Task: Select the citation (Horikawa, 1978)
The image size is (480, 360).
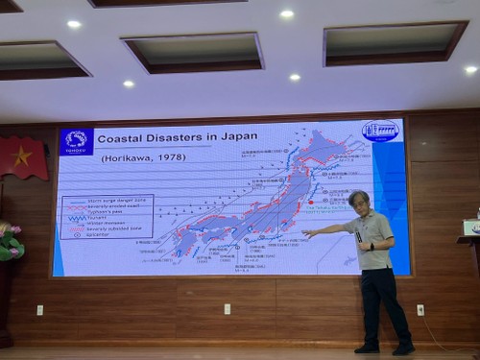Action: (134, 157)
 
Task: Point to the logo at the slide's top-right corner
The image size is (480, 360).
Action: (380, 132)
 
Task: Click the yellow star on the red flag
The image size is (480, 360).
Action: (22, 156)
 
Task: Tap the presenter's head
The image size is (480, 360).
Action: (359, 202)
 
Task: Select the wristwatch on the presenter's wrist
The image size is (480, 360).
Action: (372, 246)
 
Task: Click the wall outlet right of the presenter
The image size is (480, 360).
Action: (420, 309)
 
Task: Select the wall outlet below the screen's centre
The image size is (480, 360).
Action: (228, 309)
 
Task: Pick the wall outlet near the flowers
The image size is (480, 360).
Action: (39, 309)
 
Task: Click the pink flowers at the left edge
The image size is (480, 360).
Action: (9, 241)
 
